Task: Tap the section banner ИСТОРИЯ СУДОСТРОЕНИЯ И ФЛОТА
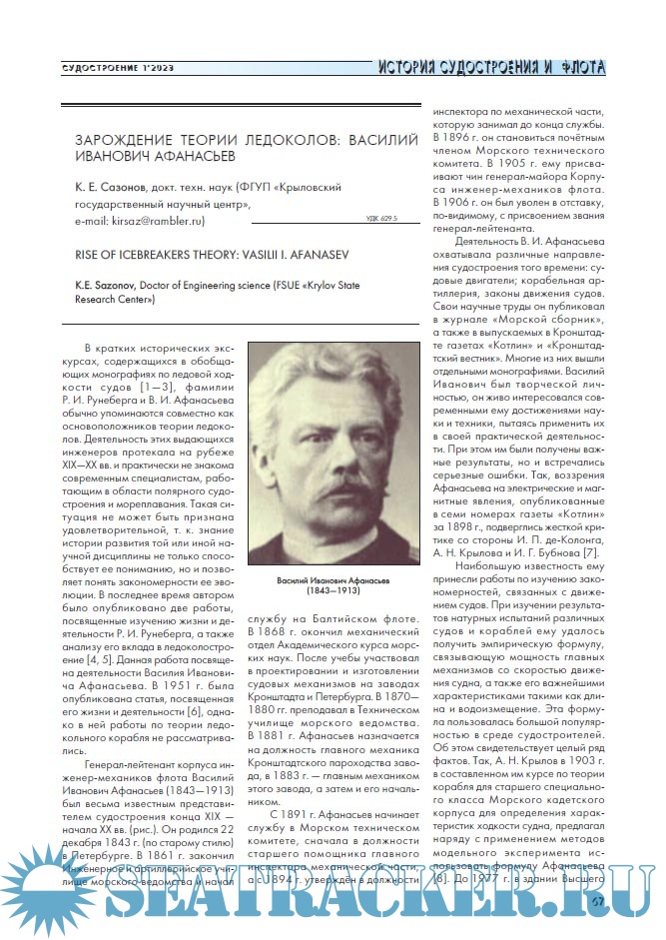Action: pyautogui.click(x=491, y=68)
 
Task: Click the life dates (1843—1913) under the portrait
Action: pyautogui.click(x=332, y=592)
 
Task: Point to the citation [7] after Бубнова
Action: pyautogui.click(x=590, y=552)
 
